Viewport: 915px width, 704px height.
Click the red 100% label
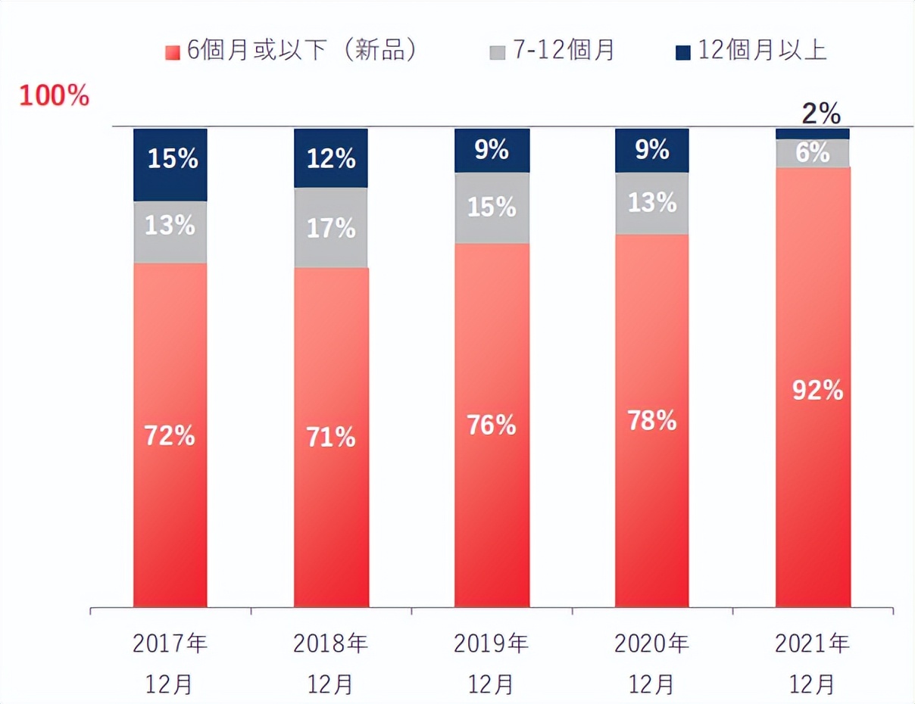click(54, 96)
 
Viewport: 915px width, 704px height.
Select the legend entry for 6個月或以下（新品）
click(292, 51)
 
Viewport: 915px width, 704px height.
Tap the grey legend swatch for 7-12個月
click(497, 51)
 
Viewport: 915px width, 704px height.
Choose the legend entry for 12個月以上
click(750, 51)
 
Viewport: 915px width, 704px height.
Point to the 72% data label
click(170, 436)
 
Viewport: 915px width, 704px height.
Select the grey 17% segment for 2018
click(331, 227)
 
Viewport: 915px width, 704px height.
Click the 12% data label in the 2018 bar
click(331, 159)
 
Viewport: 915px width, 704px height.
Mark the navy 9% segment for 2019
click(492, 150)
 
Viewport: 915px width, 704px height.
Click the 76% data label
click(492, 425)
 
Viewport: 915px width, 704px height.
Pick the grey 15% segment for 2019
click(492, 207)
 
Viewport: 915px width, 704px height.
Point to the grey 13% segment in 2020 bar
click(652, 203)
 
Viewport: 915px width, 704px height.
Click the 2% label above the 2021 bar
click(821, 114)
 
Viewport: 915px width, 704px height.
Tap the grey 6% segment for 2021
click(813, 153)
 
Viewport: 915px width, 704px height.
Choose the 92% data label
click(817, 391)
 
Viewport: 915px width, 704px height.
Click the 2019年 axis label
click(492, 644)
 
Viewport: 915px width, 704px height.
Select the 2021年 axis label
click(813, 644)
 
